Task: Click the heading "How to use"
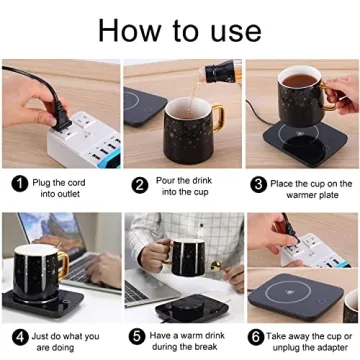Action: (x=180, y=29)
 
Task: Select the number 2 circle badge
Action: (x=139, y=183)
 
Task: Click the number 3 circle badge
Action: (x=258, y=183)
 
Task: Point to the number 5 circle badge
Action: (x=139, y=338)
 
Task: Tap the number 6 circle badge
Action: (x=258, y=338)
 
